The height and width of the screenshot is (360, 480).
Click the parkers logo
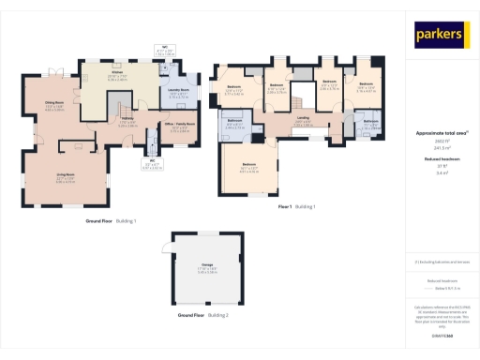tap(439, 36)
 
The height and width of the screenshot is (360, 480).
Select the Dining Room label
tap(54, 104)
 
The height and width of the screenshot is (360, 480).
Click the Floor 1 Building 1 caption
tap(296, 206)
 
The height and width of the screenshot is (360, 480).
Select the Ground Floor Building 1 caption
tap(112, 220)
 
